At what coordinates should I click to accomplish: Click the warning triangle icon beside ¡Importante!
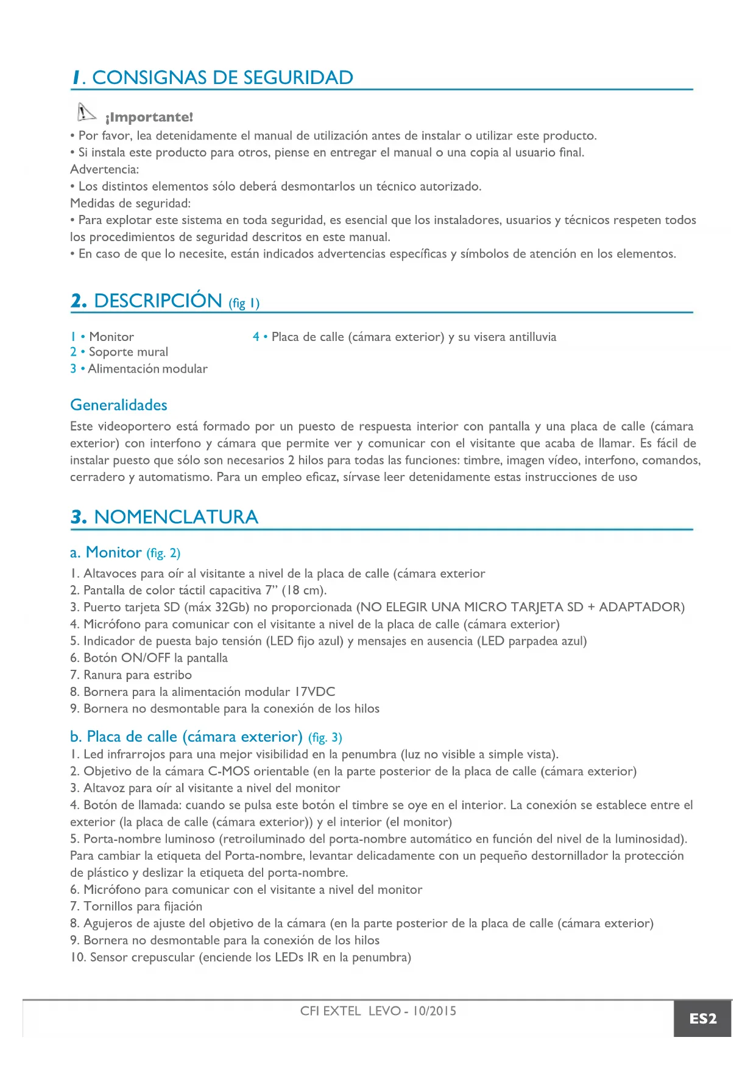coord(86,113)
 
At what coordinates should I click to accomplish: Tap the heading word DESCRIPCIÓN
coord(158,301)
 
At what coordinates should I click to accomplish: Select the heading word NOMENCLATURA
coord(176,517)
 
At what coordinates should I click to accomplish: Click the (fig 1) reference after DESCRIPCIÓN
coord(244,303)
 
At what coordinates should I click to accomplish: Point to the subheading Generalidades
coord(119,405)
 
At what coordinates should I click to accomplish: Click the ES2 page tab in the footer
coord(702,1019)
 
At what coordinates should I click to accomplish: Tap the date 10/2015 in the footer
coord(434,1011)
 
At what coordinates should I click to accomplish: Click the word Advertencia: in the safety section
coord(105,169)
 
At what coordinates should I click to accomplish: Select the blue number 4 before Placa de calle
coord(256,337)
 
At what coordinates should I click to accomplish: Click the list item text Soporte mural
coord(129,352)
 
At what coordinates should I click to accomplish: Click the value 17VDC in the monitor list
coord(314,692)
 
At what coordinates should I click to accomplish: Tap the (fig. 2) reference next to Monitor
coord(163,553)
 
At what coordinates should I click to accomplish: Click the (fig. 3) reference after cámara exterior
coord(325,738)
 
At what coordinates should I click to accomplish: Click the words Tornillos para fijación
coord(143,907)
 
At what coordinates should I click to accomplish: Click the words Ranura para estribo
coord(138,675)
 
